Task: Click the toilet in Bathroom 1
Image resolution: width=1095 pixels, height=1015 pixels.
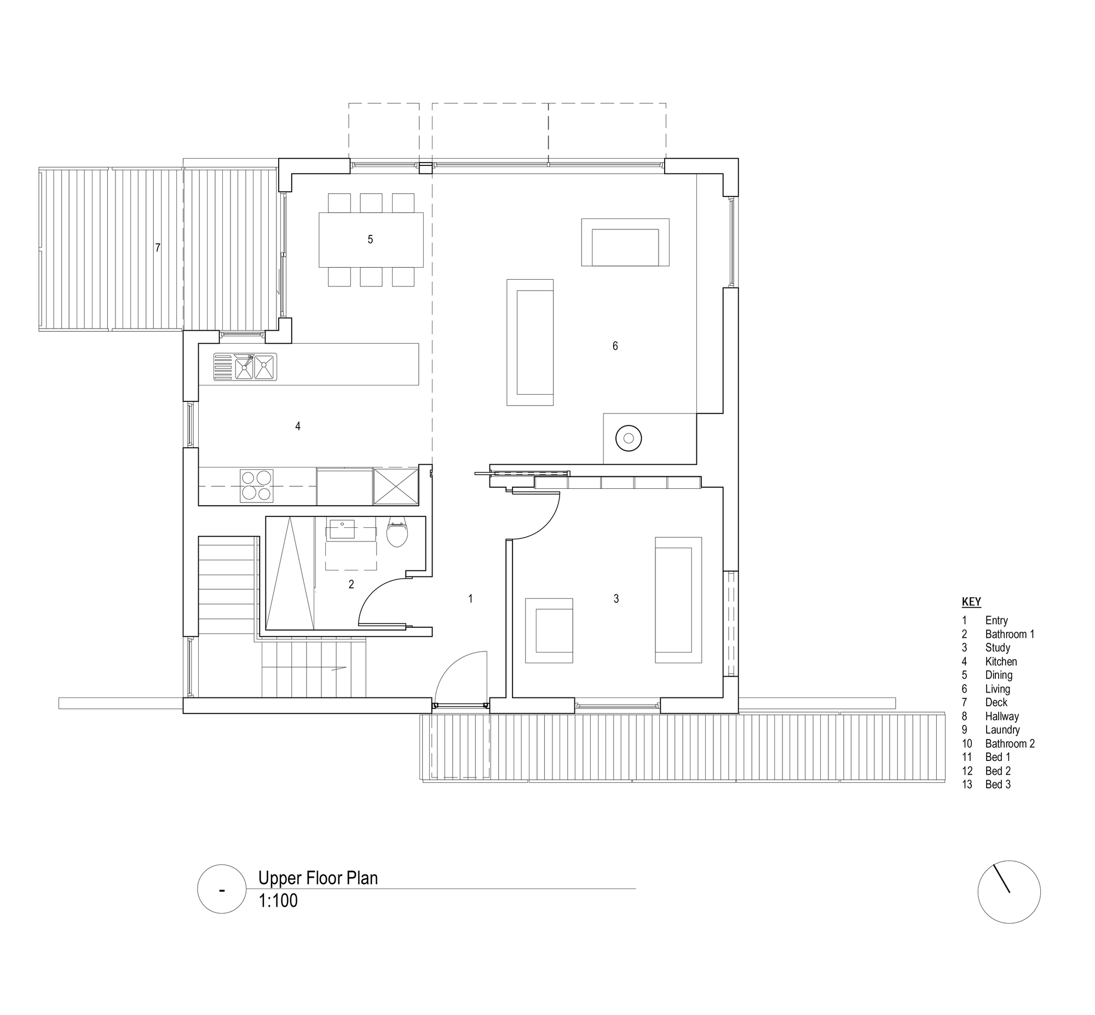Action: (x=397, y=532)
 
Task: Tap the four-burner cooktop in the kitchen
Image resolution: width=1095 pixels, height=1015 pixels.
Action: (x=257, y=486)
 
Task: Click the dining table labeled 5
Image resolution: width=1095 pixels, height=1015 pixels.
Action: (x=371, y=239)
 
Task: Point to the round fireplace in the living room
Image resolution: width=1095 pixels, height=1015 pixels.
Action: (x=629, y=438)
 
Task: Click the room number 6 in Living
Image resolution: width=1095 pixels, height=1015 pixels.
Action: (x=615, y=345)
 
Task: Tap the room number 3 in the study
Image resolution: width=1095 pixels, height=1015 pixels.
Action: (x=616, y=599)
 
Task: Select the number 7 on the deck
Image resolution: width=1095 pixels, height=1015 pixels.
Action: (x=158, y=247)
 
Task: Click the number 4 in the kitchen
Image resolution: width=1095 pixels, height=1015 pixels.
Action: (x=298, y=426)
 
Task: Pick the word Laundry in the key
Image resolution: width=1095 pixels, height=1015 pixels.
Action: (x=1002, y=730)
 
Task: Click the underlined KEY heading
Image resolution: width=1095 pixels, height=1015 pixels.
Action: (x=971, y=602)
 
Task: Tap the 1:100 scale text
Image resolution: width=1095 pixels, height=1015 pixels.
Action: (x=278, y=901)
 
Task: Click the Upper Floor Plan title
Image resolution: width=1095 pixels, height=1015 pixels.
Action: (x=318, y=878)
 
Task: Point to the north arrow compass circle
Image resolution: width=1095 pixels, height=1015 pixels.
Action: (x=1009, y=892)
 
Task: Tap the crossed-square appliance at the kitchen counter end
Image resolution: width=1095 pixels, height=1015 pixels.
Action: (x=395, y=486)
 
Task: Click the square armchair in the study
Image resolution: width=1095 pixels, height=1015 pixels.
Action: (x=549, y=631)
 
